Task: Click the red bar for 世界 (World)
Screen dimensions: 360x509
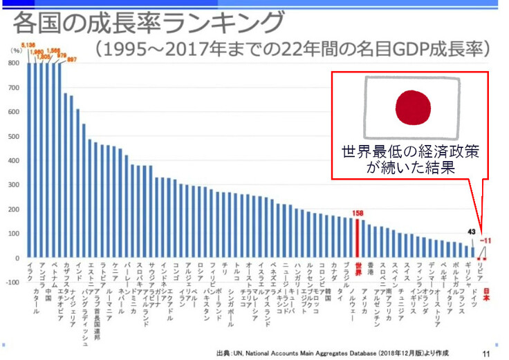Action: click(x=358, y=238)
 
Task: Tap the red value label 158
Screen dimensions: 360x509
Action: click(x=358, y=214)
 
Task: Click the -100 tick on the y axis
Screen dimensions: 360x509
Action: click(x=12, y=282)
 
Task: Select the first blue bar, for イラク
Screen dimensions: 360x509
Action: click(x=30, y=160)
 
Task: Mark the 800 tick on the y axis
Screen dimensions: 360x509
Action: click(x=13, y=63)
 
